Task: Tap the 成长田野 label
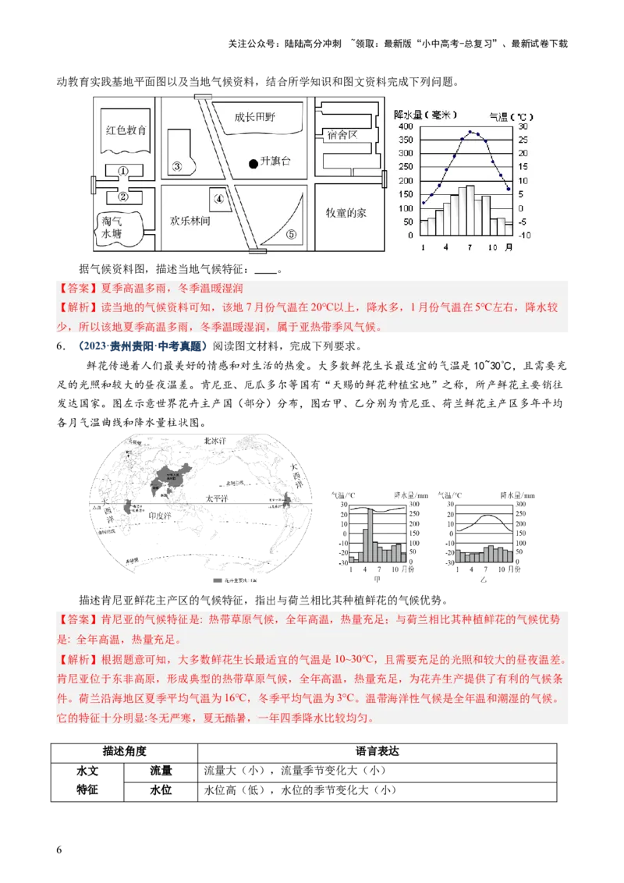click(x=257, y=118)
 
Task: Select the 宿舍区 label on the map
click(x=342, y=134)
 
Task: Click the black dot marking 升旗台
click(x=253, y=164)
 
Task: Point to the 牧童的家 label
click(x=346, y=212)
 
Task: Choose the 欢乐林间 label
click(x=190, y=221)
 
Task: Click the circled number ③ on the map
click(x=177, y=166)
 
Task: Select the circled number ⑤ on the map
click(x=291, y=233)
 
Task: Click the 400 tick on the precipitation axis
click(x=406, y=126)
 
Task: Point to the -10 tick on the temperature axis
click(x=524, y=235)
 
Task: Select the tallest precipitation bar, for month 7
click(x=470, y=210)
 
